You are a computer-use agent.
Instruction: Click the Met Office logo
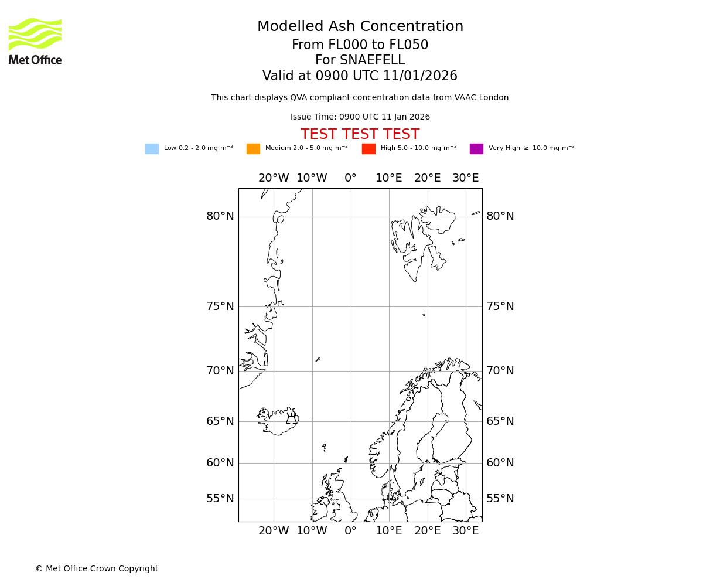35,41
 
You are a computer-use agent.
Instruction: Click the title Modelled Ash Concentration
360,27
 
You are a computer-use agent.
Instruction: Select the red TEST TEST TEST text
360,134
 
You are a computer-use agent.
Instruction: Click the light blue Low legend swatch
152,149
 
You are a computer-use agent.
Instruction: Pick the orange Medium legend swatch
253,149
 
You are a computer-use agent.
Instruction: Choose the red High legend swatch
368,149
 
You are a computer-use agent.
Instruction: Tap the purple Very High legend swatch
476,149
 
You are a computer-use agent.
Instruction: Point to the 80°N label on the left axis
220,216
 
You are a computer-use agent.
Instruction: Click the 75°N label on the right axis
500,306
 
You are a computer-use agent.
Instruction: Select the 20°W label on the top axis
274,178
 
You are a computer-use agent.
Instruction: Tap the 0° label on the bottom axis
350,531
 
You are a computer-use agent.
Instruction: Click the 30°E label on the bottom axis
466,531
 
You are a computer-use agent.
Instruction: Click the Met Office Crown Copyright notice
97,568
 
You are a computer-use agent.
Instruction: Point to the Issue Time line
360,117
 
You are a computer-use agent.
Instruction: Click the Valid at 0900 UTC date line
360,76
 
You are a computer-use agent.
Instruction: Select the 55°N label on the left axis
220,499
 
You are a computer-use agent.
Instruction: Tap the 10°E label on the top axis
388,178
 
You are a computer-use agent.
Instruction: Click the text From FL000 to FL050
360,45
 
